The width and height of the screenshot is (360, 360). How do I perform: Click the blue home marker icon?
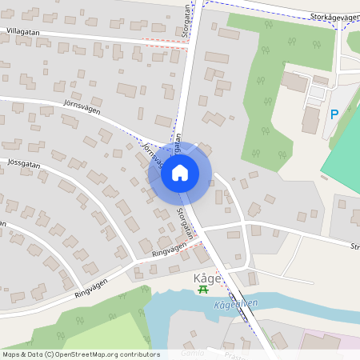pos(180,172)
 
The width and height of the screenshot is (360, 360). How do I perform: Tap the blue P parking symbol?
pos(334,114)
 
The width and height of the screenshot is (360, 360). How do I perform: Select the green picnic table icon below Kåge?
pos(202,290)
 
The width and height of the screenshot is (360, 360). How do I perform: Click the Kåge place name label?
pos(203,278)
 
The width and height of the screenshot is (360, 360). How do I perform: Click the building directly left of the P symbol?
pos(310,120)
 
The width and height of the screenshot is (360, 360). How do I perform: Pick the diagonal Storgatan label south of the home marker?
pos(186,223)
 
